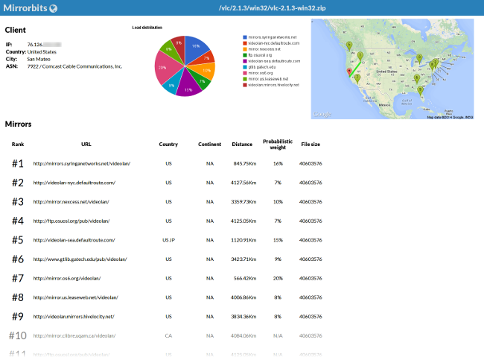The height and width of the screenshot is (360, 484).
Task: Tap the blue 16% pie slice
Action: click(197, 47)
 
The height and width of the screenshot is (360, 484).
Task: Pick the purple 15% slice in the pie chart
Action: click(188, 87)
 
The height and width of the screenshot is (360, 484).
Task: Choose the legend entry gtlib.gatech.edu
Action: click(263, 66)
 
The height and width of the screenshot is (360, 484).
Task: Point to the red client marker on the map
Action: click(347, 72)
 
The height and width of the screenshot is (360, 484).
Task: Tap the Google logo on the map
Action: click(322, 114)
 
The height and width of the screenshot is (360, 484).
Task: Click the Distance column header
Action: click(242, 144)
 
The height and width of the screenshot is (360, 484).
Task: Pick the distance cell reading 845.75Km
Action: click(244, 163)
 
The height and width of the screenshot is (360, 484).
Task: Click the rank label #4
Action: click(18, 221)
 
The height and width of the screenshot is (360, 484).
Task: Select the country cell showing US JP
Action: click(168, 240)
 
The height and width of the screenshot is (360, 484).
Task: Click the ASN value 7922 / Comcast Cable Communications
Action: click(74, 66)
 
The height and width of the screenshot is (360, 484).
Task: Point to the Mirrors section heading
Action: click(18, 124)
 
